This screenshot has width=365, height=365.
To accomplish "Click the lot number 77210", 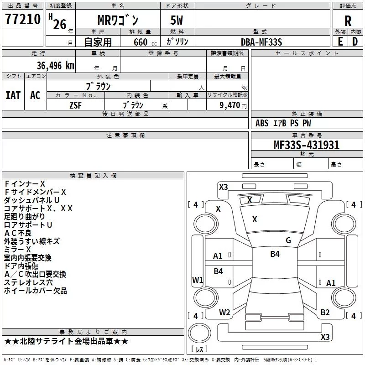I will pos(22,20).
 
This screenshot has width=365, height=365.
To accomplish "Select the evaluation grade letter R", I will pos(348,21).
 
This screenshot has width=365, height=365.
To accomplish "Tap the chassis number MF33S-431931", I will pos(307,145).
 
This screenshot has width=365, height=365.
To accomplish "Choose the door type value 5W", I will pos(177,21).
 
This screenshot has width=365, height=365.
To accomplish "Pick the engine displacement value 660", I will pos(141,42).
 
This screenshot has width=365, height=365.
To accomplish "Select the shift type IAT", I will pos(13,95).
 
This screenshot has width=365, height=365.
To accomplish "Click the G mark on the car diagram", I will pos(288,240).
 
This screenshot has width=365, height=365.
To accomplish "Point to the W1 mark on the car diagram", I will pos(197,280).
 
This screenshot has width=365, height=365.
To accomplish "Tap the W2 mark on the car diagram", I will pos(224,313).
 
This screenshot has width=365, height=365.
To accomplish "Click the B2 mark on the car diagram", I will pos(325,313).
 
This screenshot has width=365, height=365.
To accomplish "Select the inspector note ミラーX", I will pos(17,250).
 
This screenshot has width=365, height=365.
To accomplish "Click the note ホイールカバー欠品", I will pos(36,291).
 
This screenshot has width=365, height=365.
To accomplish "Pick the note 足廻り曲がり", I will pos(25,217).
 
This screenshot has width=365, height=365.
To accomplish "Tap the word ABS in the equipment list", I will pos(262,123).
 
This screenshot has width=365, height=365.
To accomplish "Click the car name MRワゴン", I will pos(118,21).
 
